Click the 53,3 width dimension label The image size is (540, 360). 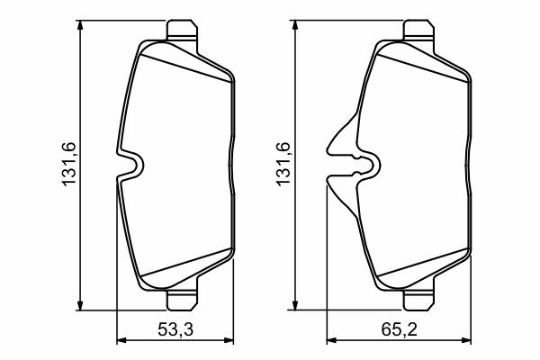[175, 329]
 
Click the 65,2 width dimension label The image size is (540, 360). [399, 329]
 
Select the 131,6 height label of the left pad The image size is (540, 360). [68, 165]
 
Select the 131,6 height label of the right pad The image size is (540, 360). [283, 165]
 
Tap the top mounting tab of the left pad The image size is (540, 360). [182, 31]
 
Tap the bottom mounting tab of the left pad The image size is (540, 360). [182, 300]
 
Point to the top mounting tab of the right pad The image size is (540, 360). [418, 31]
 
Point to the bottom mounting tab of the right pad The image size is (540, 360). [418, 300]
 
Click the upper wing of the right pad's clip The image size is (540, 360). [342, 136]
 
